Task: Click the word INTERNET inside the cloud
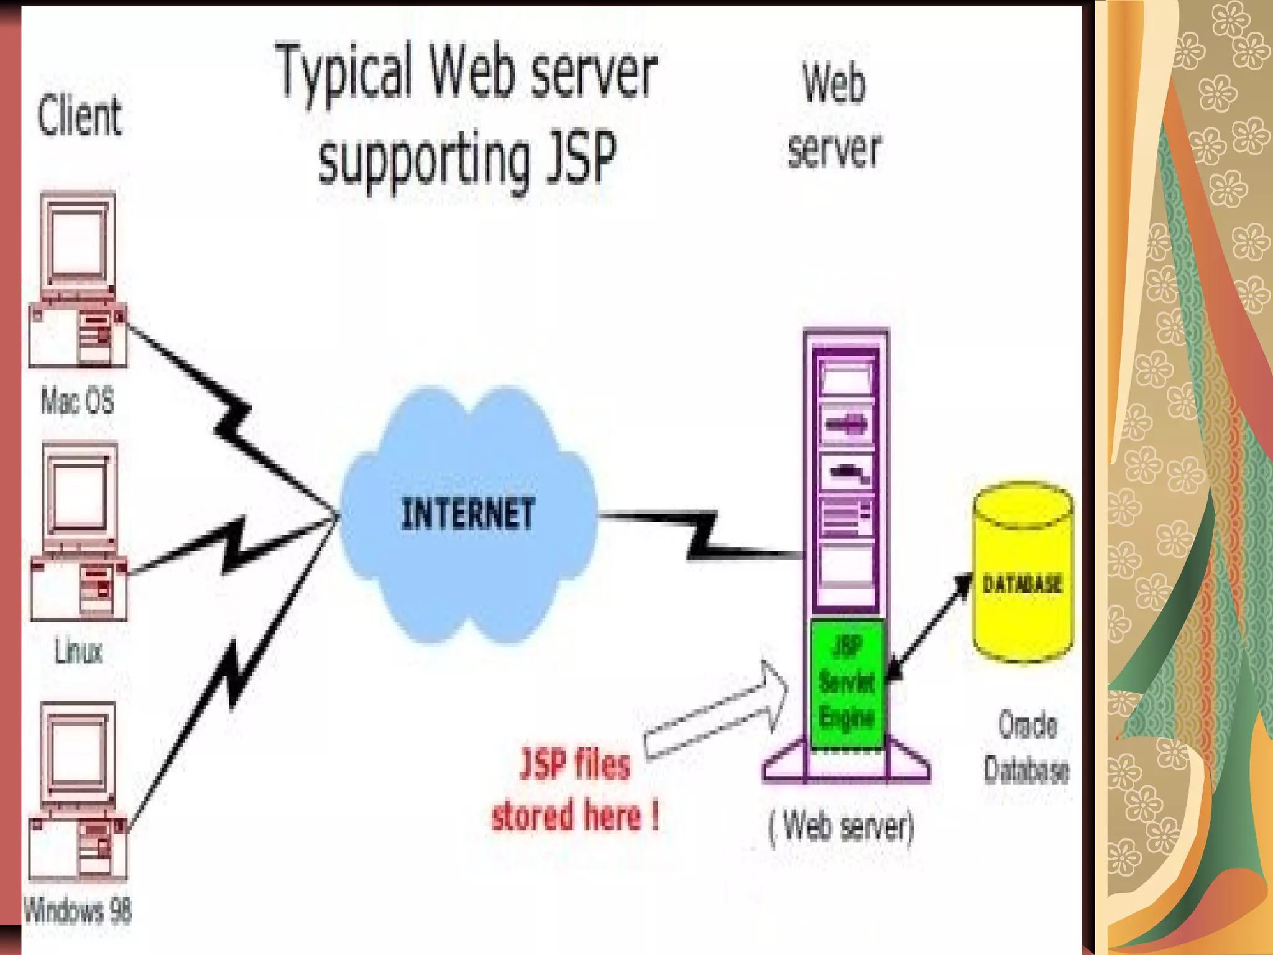pyautogui.click(x=467, y=514)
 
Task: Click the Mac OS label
pyautogui.click(x=78, y=400)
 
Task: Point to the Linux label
pyautogui.click(x=78, y=651)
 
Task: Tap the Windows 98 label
pyautogui.click(x=78, y=911)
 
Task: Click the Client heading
pyautogui.click(x=80, y=116)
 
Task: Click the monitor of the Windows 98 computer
pyautogui.click(x=78, y=752)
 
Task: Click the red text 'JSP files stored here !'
pyautogui.click(x=575, y=790)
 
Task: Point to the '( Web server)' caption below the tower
pyautogui.click(x=842, y=827)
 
